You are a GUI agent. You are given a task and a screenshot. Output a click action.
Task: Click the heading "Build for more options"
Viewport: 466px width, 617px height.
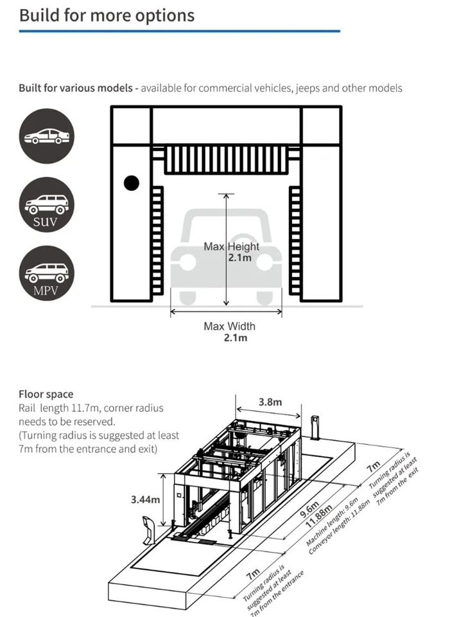107,15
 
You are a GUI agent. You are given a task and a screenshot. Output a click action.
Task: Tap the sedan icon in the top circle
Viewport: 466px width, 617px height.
46,136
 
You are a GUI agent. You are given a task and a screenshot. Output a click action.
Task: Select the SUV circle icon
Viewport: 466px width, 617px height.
46,205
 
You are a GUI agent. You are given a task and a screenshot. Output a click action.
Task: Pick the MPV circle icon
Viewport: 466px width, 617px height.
46,273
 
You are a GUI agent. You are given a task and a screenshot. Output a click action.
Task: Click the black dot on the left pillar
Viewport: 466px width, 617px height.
132,183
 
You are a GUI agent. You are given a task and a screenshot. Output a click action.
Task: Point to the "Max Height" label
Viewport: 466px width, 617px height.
231,246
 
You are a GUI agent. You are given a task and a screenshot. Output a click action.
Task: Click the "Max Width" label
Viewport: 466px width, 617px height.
229,326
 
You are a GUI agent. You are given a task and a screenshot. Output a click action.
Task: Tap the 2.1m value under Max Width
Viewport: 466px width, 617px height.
236,338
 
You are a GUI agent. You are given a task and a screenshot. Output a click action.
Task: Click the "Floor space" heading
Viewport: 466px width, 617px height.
46,394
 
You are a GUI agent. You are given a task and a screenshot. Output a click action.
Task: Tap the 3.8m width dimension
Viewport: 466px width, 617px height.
270,402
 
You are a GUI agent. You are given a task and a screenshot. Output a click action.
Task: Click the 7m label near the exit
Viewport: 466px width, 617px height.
373,466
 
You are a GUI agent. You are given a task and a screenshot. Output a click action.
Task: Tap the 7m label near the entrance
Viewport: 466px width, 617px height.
254,571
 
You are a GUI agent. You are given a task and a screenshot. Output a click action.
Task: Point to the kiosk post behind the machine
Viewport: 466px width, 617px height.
315,427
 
